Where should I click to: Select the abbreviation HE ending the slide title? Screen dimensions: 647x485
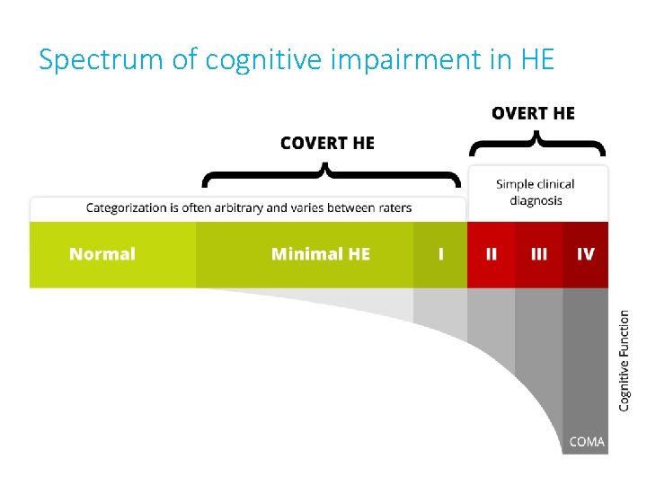tap(536, 60)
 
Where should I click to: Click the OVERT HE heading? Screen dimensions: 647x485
tap(533, 113)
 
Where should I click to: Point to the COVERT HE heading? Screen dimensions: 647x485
tap(327, 143)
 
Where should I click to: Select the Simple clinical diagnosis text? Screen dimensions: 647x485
tap(536, 192)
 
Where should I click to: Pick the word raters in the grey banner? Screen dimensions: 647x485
tap(393, 208)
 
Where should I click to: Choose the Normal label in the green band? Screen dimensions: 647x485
tap(102, 254)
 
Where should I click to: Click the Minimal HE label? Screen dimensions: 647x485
tap(320, 254)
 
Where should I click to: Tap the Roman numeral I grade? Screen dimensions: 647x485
tap(440, 254)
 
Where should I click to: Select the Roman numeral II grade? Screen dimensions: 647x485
tap(491, 254)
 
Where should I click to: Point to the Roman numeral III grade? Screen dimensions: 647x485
tap(538, 254)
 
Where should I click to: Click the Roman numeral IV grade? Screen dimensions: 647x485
tap(585, 254)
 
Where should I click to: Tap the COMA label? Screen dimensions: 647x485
tap(587, 441)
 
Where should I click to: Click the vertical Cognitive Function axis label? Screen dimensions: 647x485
tap(625, 361)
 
